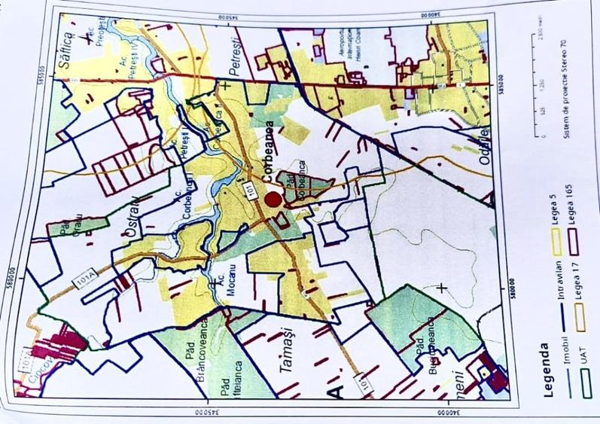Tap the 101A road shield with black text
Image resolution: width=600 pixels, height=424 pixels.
(x=84, y=281)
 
